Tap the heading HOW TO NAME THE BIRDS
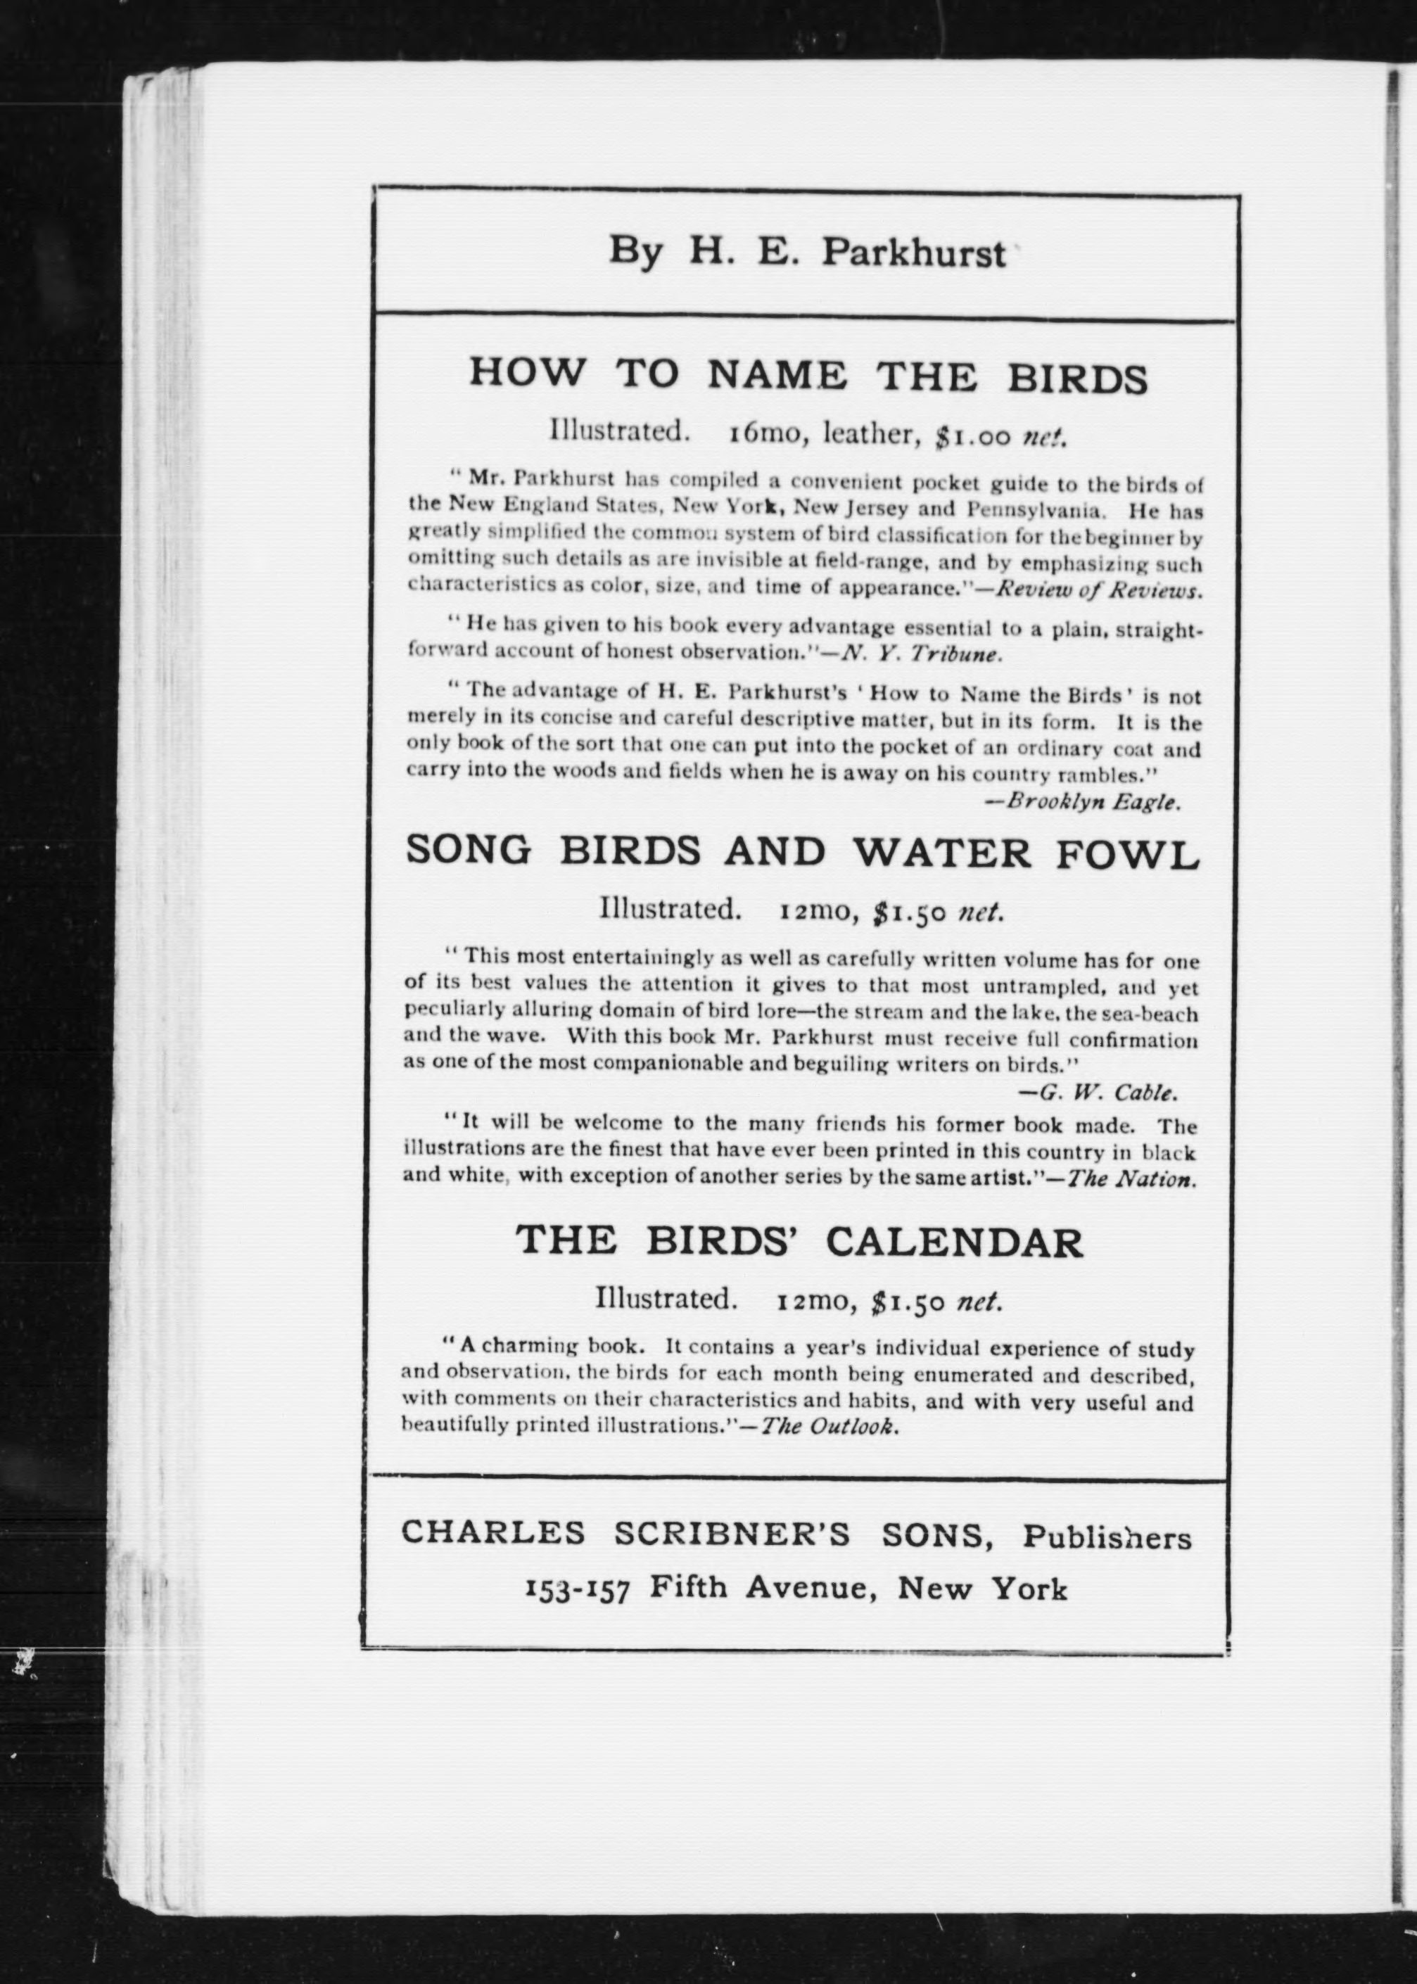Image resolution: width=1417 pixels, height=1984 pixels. coord(808,376)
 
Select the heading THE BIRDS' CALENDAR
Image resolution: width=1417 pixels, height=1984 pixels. coord(799,1242)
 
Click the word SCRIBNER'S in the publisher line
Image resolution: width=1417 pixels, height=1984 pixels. coord(731,1534)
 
